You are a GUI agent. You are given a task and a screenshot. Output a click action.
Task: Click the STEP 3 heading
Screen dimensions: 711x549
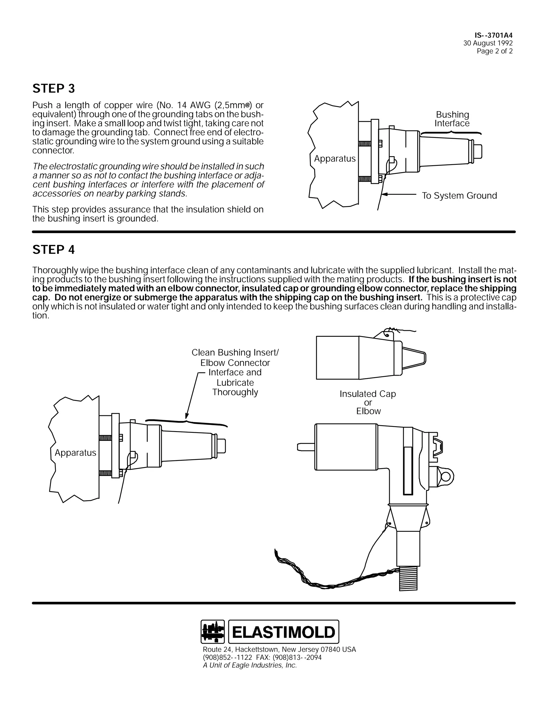pos(54,89)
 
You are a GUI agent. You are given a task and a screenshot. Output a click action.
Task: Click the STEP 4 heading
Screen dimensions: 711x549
pos(54,250)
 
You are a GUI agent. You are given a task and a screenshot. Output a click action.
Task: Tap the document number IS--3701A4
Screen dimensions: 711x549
pos(494,35)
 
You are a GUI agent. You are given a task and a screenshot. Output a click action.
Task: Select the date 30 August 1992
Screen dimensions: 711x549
pos(488,43)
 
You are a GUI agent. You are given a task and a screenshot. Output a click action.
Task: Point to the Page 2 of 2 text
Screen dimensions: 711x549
pos(494,51)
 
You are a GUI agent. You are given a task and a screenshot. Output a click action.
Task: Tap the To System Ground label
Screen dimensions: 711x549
pos(459,196)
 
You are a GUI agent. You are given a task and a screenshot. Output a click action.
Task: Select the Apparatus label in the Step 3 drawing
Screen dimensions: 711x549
pos(335,159)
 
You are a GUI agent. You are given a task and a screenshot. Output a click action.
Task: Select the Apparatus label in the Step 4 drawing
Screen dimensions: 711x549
pos(75,453)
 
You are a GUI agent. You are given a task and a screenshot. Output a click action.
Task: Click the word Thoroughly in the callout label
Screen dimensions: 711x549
pos(235,392)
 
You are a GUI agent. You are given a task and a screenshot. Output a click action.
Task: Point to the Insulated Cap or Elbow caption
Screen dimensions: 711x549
pos(368,402)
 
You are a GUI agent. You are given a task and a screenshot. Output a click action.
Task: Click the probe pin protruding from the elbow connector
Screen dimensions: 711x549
pos(306,447)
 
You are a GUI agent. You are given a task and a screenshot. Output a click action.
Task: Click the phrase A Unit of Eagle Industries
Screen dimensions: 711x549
pos(250,665)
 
